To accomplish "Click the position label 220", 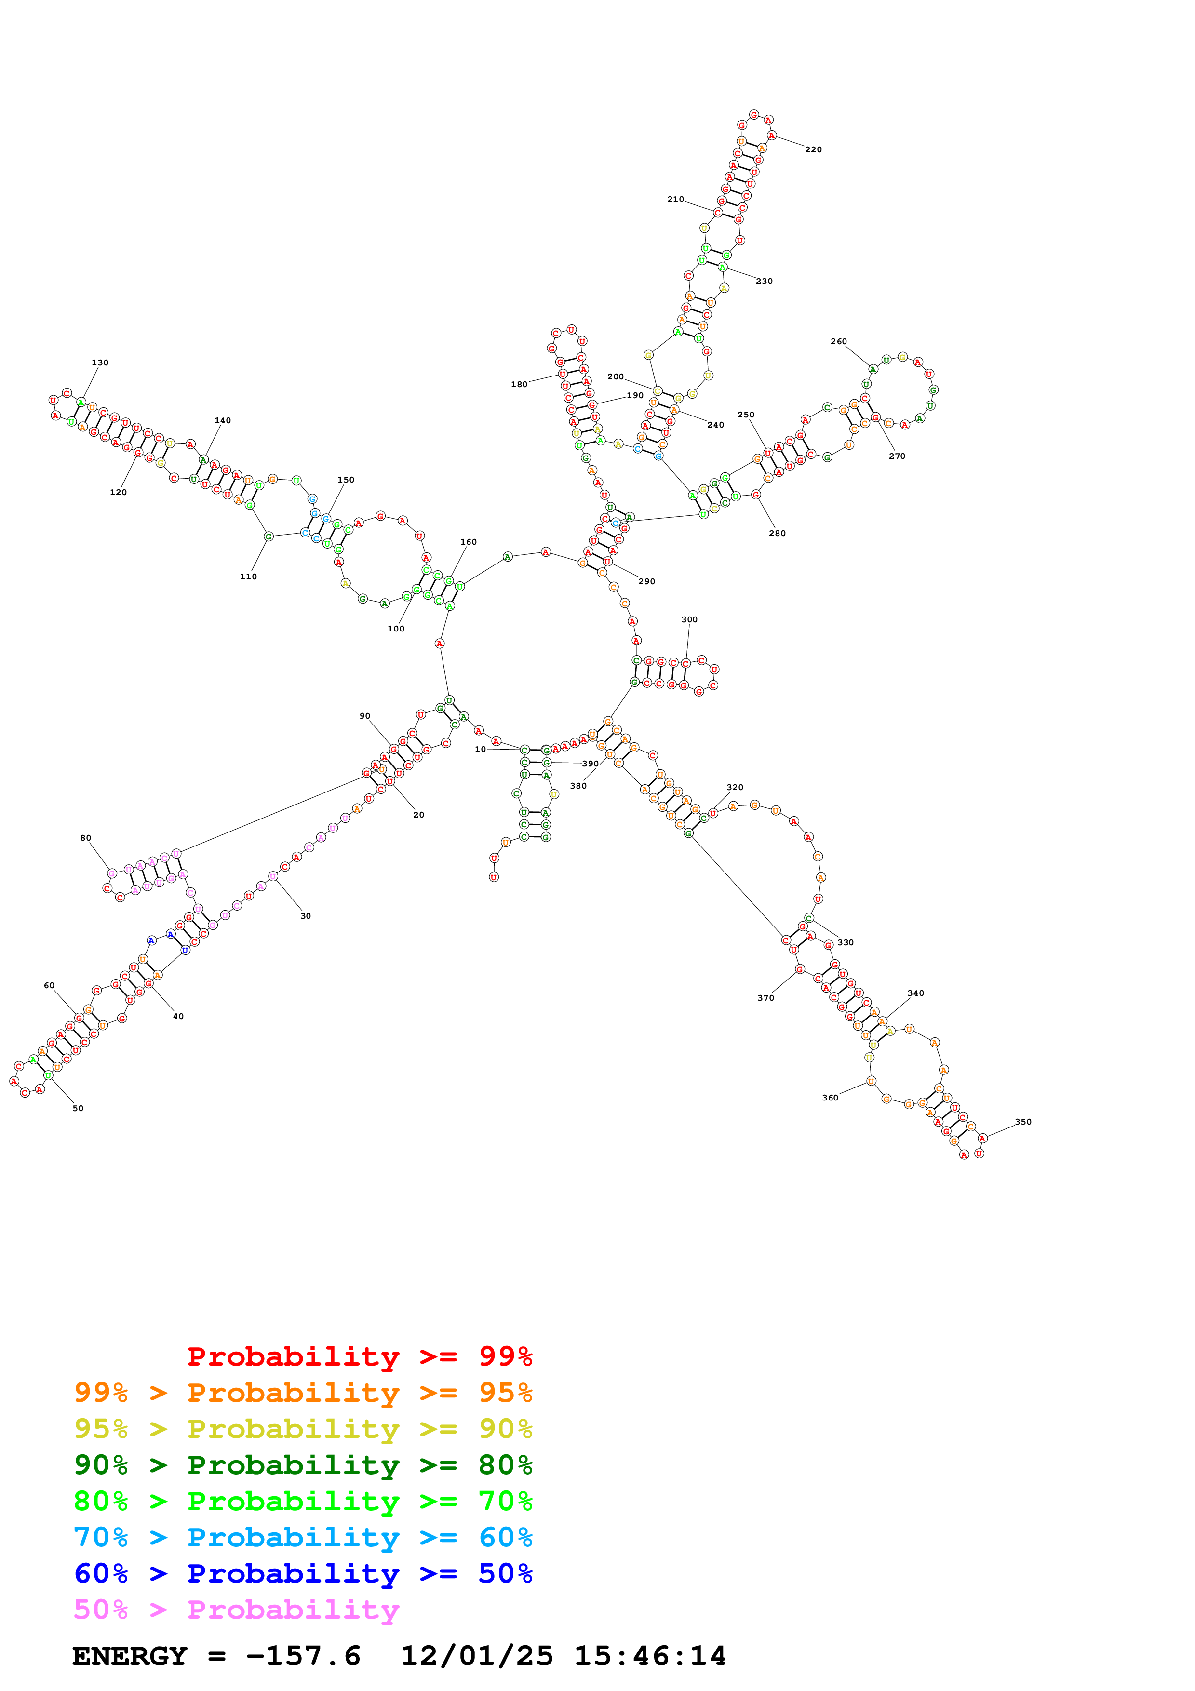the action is pyautogui.click(x=813, y=149).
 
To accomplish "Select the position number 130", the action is pyautogui.click(x=100, y=362).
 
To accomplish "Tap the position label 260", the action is pyautogui.click(x=839, y=342).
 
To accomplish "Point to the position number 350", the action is pyautogui.click(x=1023, y=1122).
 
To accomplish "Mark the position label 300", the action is pyautogui.click(x=689, y=619).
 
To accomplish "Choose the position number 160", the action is pyautogui.click(x=468, y=542).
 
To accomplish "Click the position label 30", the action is pyautogui.click(x=306, y=916).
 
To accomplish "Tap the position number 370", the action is pyautogui.click(x=766, y=998).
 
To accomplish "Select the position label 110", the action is pyautogui.click(x=249, y=577).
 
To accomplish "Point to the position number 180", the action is pyautogui.click(x=519, y=385).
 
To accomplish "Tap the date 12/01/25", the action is pyautogui.click(x=476, y=1656).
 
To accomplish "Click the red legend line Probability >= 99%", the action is pyautogui.click(x=359, y=1356).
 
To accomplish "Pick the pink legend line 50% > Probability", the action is pyautogui.click(x=236, y=1610).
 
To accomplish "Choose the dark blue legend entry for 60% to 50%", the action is pyautogui.click(x=303, y=1574).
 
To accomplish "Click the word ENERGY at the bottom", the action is pyautogui.click(x=130, y=1656).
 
